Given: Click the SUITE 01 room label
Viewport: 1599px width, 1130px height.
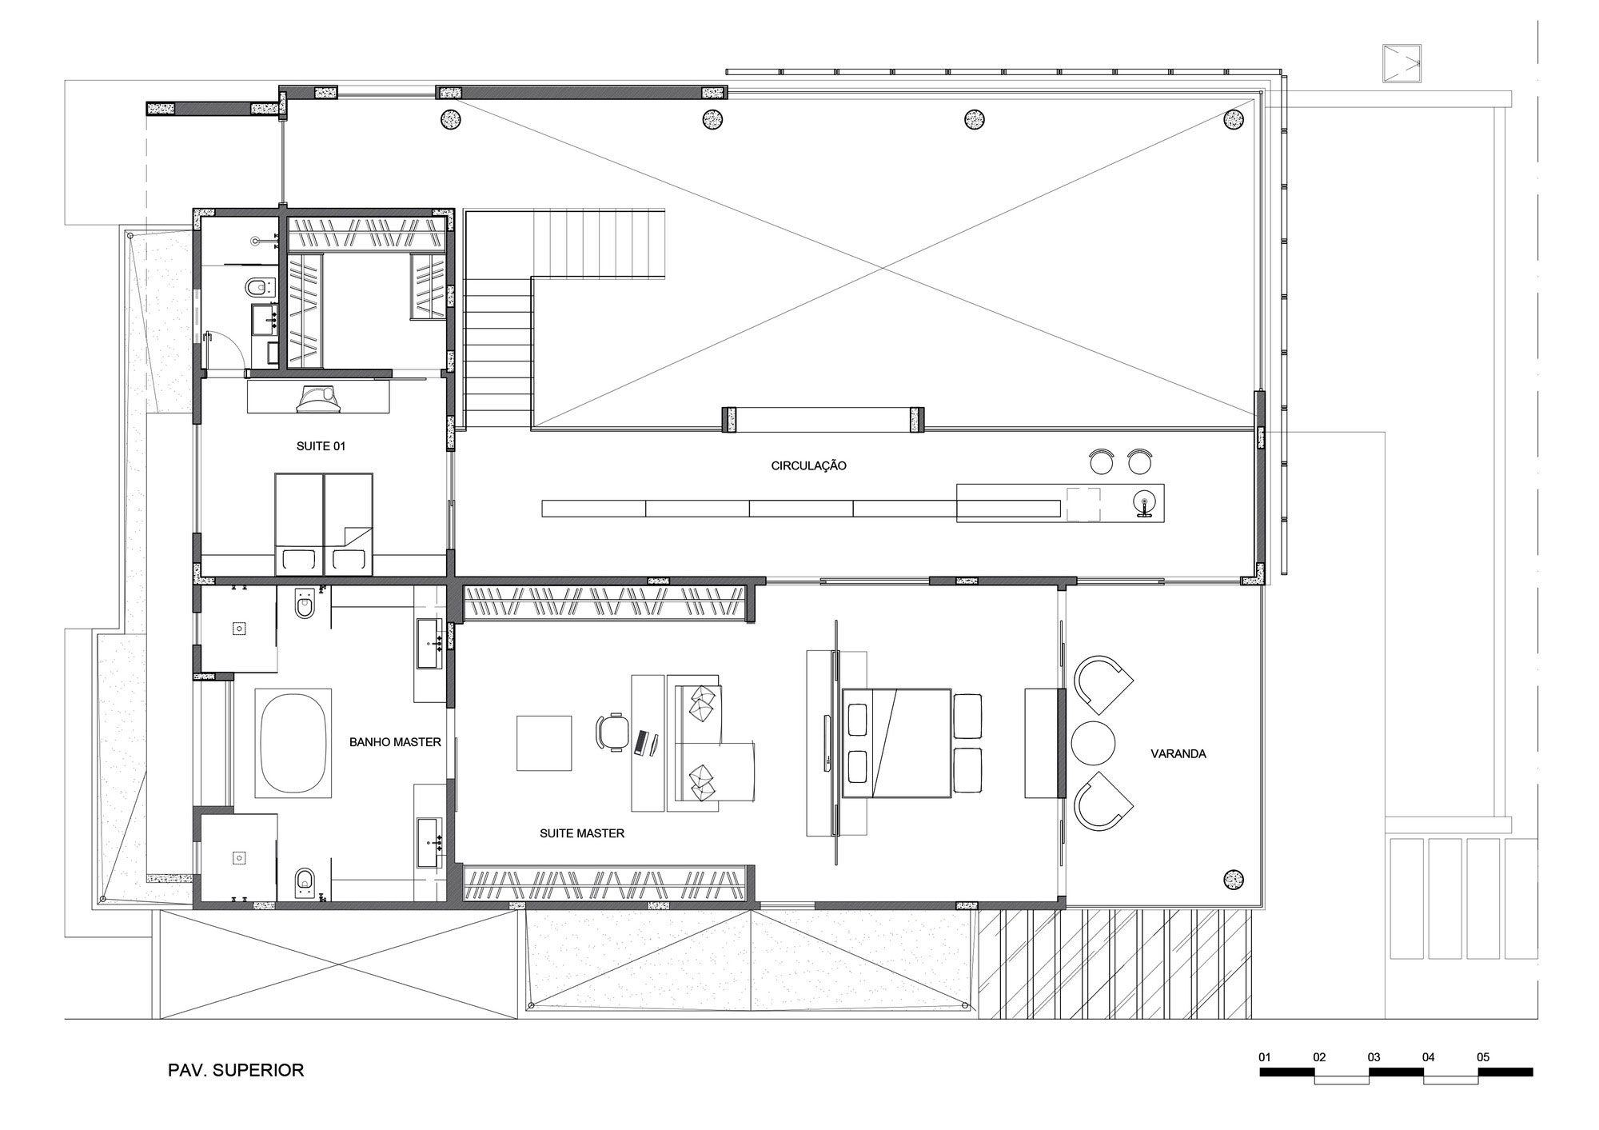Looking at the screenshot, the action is pyautogui.click(x=321, y=446).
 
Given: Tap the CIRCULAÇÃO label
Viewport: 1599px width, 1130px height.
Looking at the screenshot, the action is pyautogui.click(x=808, y=465).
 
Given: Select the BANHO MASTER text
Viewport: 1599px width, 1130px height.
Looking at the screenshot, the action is pyautogui.click(x=395, y=742).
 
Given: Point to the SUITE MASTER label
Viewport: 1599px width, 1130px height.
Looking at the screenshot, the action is pyautogui.click(x=582, y=833).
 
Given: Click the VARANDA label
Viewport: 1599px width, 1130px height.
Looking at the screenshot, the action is pyautogui.click(x=1178, y=753).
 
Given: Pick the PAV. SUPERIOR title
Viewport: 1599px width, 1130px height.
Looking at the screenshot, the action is pyautogui.click(x=236, y=1070).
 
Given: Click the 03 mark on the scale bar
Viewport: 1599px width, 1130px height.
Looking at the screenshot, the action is pyautogui.click(x=1374, y=1057).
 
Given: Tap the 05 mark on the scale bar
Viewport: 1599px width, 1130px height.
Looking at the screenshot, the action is pyautogui.click(x=1483, y=1057).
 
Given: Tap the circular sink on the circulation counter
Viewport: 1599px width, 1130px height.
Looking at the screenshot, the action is pyautogui.click(x=1144, y=502).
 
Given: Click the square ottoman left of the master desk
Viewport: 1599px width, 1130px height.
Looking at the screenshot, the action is pyautogui.click(x=544, y=743).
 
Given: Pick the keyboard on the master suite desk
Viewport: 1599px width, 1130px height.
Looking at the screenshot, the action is pyautogui.click(x=640, y=743).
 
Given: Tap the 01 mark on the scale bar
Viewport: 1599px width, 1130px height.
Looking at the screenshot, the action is pyautogui.click(x=1265, y=1057).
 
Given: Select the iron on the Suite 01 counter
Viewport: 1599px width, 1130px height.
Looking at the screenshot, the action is pyautogui.click(x=319, y=397).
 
